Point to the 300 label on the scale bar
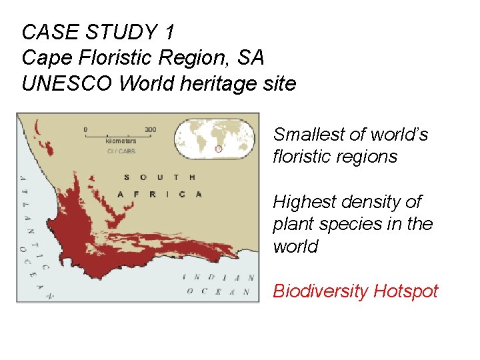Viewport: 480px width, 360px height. pos(150,129)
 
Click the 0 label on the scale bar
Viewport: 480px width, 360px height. pos(85,129)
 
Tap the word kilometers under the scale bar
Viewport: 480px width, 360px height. pos(121,141)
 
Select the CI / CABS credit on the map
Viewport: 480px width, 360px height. pos(121,151)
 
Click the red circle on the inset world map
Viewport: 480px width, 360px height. pos(218,149)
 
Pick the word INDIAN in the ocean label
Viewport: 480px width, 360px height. pos(218,277)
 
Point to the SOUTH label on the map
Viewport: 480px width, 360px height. pos(159,177)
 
